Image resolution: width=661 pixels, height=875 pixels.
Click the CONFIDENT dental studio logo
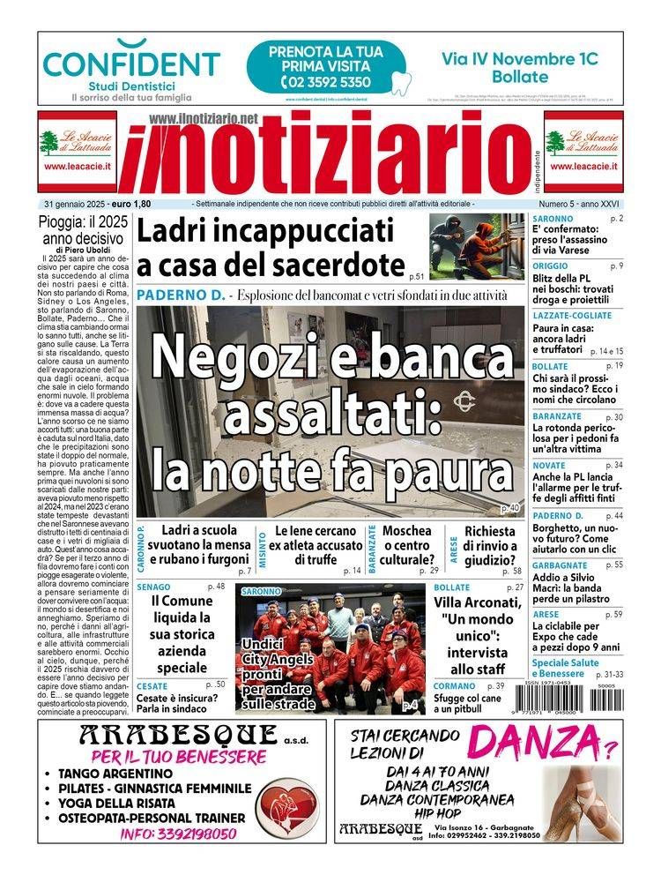point(131,64)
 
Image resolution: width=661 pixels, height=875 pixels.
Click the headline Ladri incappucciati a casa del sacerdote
point(269,248)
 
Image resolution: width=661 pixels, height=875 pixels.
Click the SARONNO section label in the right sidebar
point(553,218)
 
